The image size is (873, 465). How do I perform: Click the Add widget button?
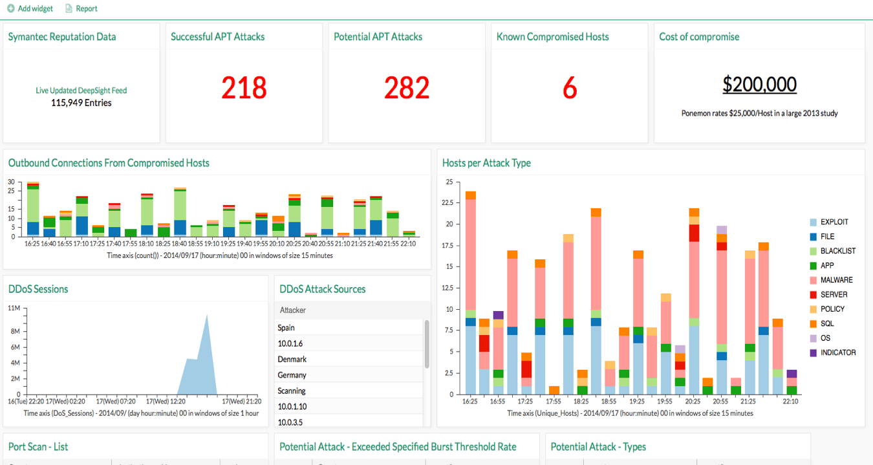pos(30,8)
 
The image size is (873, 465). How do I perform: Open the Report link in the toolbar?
pos(81,8)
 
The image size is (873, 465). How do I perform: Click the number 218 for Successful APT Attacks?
pos(244,88)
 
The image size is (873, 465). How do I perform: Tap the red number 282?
pos(407,88)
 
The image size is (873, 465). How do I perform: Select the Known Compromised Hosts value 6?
pos(569,88)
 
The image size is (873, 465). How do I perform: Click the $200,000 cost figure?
pos(759,85)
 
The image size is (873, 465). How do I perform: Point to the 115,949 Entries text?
pos(81,103)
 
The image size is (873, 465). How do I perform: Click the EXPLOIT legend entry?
pos(834,222)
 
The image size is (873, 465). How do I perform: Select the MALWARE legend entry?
pos(836,280)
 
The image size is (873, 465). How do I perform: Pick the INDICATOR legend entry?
pos(838,352)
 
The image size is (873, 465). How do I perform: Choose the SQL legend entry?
pos(827,323)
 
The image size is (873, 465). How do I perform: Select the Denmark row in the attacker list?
pos(292,359)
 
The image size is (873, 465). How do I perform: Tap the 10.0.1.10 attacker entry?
pos(292,406)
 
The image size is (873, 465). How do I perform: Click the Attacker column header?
pos(293,310)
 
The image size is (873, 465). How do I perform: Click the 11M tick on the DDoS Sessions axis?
pos(14,308)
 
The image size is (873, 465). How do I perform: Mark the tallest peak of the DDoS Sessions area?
pos(206,316)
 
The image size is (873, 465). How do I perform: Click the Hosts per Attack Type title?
pos(486,163)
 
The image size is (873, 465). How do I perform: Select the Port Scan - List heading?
pos(38,446)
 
